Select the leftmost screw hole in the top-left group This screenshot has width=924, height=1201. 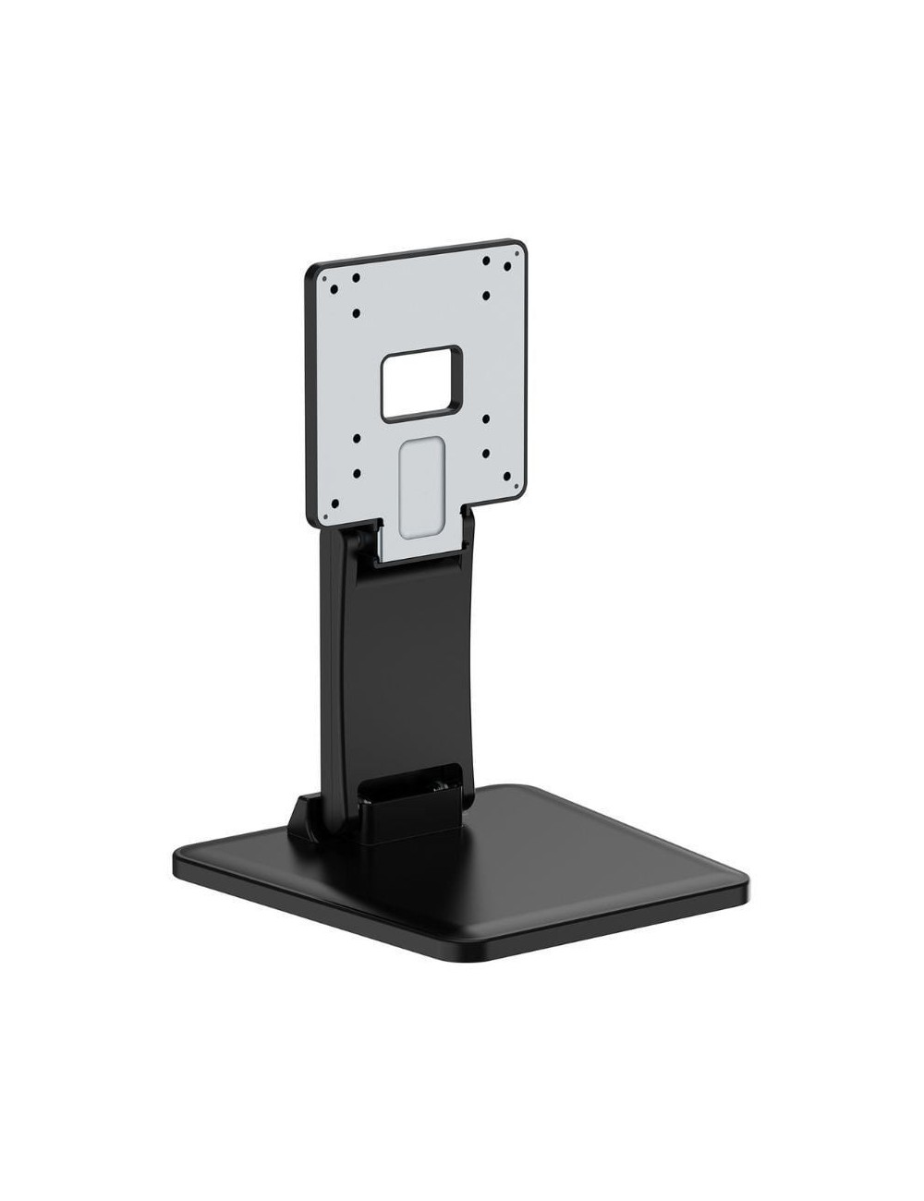[334, 285]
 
